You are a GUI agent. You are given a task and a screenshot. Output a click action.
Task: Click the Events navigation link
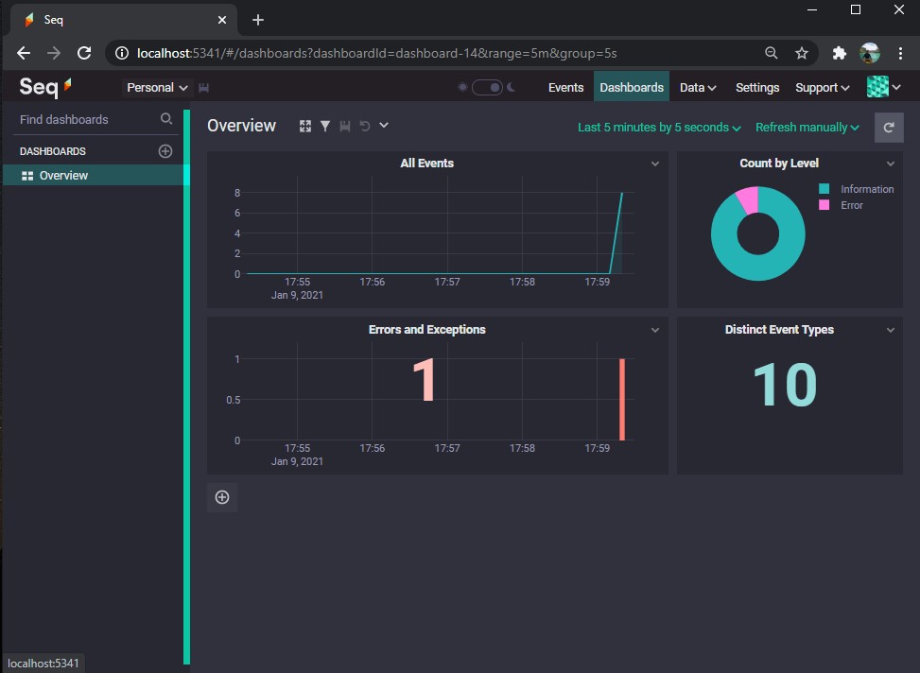pos(565,87)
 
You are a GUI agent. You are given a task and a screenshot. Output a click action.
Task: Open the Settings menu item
pos(756,87)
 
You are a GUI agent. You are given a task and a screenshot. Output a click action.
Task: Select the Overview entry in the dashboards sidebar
pos(63,176)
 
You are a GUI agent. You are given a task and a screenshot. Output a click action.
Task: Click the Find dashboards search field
pos(88,120)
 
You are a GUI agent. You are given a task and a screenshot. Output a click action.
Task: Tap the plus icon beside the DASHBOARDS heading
pos(165,151)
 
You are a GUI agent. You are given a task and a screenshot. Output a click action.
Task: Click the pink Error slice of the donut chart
pos(748,199)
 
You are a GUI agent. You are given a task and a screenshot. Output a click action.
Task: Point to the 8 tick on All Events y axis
pos(237,193)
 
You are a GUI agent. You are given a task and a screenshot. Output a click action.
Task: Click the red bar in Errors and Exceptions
pos(622,399)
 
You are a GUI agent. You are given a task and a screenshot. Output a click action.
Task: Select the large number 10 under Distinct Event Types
pos(785,385)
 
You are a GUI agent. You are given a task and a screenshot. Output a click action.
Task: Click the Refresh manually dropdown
pos(807,128)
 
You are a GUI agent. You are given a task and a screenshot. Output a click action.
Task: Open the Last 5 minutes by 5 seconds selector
pos(658,128)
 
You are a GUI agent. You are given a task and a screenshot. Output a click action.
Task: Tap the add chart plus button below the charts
pos(222,497)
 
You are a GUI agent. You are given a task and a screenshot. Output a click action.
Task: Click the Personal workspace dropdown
pos(157,87)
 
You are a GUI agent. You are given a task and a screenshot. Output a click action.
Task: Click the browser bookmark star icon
pos(802,53)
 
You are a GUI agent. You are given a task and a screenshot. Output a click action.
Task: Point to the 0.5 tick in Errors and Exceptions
pos(233,400)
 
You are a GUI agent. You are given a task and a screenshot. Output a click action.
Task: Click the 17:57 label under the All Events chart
pos(447,282)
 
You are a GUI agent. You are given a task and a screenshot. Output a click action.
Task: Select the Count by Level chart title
pos(778,164)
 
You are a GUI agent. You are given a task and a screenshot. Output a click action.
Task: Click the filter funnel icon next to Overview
pos(325,126)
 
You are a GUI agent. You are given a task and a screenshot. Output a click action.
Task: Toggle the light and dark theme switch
pos(487,87)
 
